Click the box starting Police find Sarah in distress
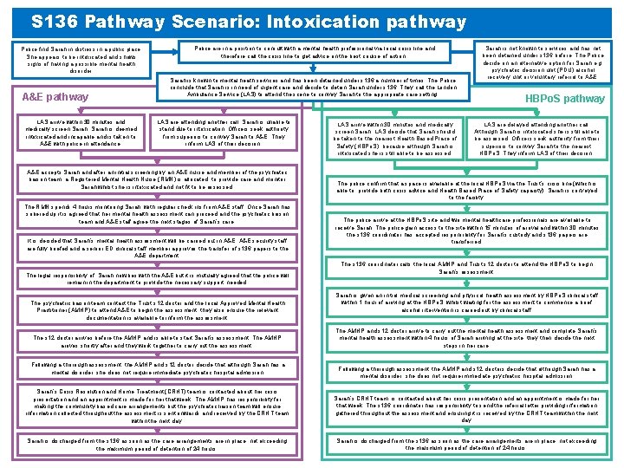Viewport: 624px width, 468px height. click(x=75, y=59)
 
